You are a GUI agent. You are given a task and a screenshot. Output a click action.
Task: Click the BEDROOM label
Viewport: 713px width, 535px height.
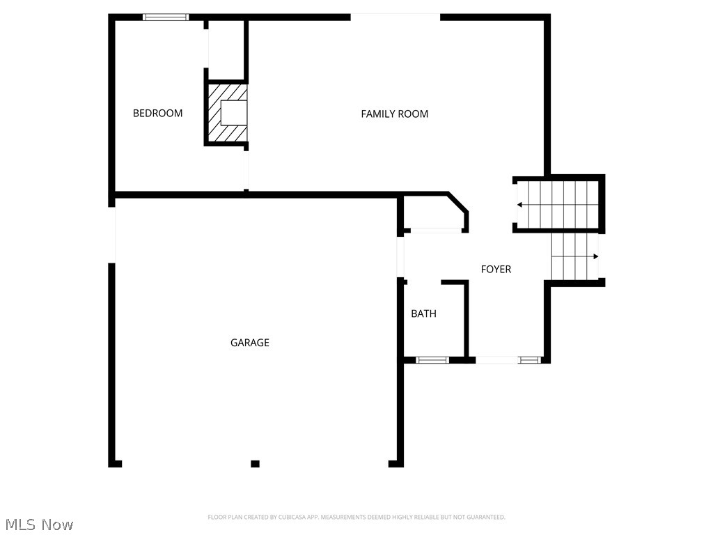coord(158,113)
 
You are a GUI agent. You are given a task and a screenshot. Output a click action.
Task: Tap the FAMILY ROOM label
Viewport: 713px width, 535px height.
coord(394,114)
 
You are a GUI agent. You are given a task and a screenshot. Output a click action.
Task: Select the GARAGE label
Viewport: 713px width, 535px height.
coord(250,343)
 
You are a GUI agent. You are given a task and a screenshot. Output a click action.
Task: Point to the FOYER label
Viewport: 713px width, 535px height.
coord(496,269)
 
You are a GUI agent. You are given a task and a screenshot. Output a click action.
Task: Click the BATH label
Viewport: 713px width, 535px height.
coord(423,313)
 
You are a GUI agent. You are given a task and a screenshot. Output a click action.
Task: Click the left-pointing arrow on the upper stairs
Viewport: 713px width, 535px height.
coord(520,205)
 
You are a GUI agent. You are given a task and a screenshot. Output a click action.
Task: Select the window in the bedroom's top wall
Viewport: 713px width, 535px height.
coord(166,17)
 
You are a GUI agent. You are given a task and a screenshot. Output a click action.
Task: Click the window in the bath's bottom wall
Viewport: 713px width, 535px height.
coord(432,360)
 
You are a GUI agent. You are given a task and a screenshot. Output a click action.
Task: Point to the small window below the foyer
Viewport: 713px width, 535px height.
coord(529,360)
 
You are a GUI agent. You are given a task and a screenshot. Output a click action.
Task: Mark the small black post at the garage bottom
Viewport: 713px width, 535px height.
coord(255,463)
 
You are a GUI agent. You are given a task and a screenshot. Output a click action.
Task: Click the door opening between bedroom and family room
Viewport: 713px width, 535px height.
coord(245,169)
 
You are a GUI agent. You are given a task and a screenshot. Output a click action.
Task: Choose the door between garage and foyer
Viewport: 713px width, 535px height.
coord(401,257)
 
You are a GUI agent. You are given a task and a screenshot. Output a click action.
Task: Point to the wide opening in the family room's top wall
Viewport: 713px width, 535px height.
coord(395,17)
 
